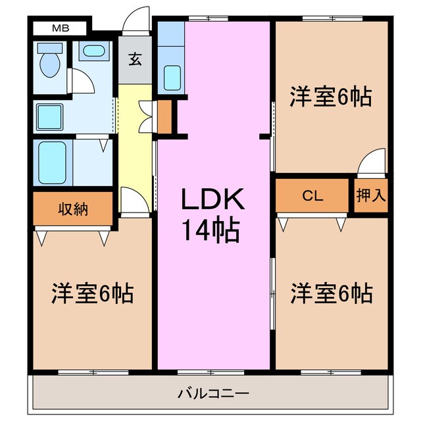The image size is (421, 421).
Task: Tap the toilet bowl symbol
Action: [x=49, y=64]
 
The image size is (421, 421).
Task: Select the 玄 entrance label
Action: [x=135, y=60]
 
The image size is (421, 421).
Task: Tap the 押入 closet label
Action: [x=371, y=195]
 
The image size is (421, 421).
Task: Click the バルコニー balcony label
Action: [x=212, y=395]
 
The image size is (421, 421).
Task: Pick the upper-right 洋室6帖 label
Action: [x=331, y=97]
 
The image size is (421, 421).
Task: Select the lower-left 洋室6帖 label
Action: [x=92, y=293]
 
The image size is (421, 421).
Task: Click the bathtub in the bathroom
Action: [x=52, y=162]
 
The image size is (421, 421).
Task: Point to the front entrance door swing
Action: [x=139, y=18]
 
